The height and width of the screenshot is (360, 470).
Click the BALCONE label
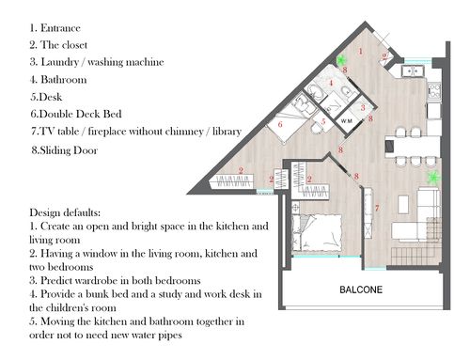[361, 290]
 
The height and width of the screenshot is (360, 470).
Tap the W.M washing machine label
[346, 121]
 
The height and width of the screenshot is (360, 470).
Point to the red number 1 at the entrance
[361, 51]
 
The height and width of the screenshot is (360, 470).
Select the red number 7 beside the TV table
[377, 208]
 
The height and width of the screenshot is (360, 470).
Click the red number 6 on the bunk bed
[280, 124]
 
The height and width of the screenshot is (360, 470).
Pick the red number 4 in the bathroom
[331, 83]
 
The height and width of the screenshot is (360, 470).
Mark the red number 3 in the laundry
[363, 108]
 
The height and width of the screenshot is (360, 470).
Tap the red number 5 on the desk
[323, 121]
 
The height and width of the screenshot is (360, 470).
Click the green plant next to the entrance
[341, 59]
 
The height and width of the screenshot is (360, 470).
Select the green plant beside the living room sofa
[433, 178]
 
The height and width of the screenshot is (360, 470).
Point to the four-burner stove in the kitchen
[434, 91]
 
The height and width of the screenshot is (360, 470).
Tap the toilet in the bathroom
[346, 91]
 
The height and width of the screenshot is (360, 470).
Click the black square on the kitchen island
[389, 146]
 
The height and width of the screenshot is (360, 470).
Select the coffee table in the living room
[403, 204]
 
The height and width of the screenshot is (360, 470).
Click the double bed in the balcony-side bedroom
[317, 232]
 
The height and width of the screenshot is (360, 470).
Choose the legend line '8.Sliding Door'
[64, 150]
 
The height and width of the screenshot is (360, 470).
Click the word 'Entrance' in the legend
[60, 28]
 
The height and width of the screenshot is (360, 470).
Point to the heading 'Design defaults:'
[65, 212]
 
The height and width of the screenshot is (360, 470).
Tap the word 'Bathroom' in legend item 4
[64, 80]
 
